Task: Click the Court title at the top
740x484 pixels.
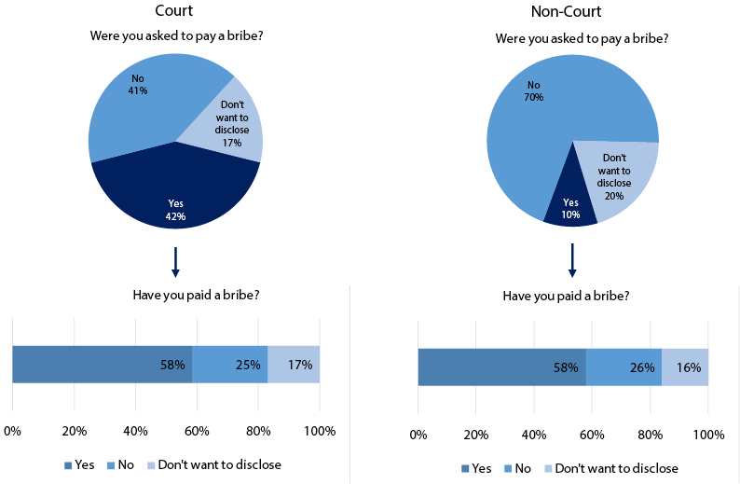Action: [175, 12]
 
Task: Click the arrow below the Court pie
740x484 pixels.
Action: [175, 261]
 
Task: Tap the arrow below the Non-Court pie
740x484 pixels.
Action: [572, 261]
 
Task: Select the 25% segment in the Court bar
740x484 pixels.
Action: [229, 364]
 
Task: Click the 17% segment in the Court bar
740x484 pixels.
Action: [294, 364]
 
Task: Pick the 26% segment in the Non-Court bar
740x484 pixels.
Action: [624, 366]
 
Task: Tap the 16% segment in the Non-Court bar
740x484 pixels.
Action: [685, 366]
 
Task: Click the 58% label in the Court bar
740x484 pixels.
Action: [171, 365]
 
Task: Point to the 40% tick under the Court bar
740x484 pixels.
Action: [135, 431]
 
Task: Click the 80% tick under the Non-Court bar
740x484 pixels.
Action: [651, 435]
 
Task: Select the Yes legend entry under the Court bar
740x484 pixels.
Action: [80, 463]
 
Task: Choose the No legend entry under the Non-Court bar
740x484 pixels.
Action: [521, 468]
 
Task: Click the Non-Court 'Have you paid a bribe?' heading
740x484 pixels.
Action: [566, 296]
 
